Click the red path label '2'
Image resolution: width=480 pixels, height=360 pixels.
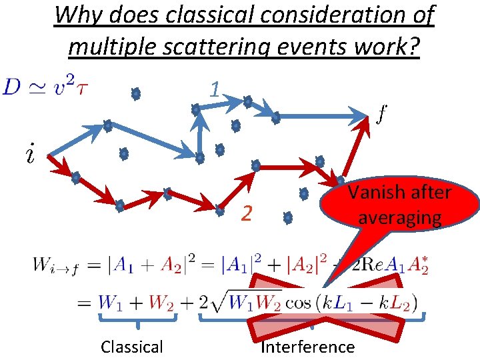(x=246, y=213)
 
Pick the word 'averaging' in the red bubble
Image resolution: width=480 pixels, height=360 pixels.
(x=401, y=217)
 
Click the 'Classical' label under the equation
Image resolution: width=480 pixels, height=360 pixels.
(x=131, y=347)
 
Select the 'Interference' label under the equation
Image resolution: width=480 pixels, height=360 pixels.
(x=307, y=347)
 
